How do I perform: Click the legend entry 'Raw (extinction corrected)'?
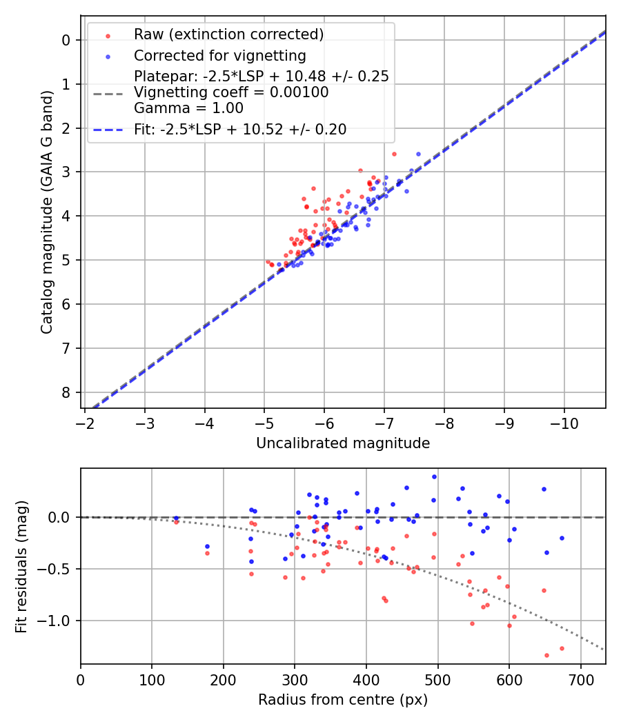[228, 34]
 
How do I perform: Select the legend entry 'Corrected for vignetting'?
[219, 55]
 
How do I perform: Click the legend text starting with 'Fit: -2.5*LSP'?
[240, 129]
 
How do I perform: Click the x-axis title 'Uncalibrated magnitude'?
[343, 443]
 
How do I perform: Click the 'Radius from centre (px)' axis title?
[343, 700]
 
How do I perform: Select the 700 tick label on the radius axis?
[581, 679]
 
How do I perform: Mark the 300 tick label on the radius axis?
[295, 679]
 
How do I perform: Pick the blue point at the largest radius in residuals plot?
[562, 538]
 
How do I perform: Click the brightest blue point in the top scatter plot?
[418, 154]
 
